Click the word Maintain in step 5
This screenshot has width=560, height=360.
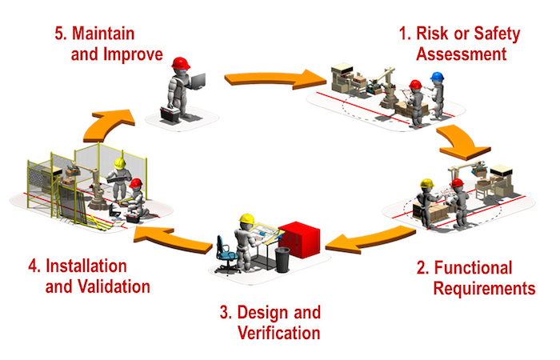coord(103,34)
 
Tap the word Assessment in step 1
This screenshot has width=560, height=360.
coord(461,54)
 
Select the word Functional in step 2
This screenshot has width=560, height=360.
coord(474,268)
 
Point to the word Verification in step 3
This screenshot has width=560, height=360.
coord(279,333)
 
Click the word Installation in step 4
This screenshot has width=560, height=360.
coord(86,266)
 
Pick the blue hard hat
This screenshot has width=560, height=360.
coord(437,77)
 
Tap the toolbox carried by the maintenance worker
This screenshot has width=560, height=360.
coord(170,114)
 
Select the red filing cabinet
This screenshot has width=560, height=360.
coord(299,239)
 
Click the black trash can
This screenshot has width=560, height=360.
coord(282,260)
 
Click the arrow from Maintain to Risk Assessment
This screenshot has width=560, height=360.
coord(275,79)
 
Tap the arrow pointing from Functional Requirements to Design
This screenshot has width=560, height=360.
coord(370,240)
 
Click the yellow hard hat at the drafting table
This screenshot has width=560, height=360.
coord(246,218)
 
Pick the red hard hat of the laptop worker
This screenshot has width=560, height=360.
coord(181,63)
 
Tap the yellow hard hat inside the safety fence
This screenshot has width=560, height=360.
coord(120,163)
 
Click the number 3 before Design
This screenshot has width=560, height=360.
coord(224,313)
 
